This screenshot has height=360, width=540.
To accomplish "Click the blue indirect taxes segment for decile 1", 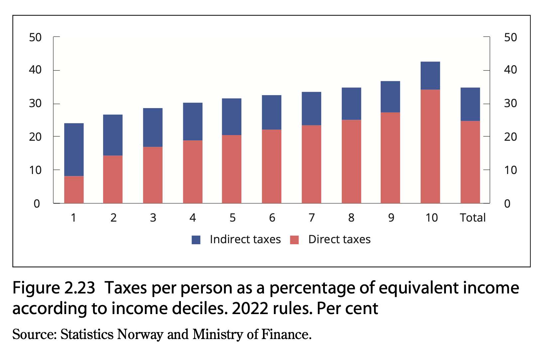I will [x=74, y=150].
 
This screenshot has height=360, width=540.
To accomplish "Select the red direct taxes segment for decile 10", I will [x=430, y=146].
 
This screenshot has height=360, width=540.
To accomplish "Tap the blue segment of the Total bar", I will [x=470, y=104].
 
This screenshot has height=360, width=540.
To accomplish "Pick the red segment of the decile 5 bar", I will [x=232, y=169].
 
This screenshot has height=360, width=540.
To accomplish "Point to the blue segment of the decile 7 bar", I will [x=312, y=108].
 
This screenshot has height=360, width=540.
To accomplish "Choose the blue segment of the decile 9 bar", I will [x=390, y=97].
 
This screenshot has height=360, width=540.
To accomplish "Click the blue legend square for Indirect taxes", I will [x=196, y=240].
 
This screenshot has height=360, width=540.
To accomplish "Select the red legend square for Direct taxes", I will [x=294, y=240].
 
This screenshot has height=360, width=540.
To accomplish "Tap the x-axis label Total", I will [x=472, y=218].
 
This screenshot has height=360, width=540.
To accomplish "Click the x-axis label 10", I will [x=432, y=218].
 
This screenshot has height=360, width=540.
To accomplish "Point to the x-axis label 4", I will [x=193, y=218].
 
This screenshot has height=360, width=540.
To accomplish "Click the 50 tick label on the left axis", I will [x=35, y=37].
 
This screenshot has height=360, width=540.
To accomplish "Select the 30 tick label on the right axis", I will [x=510, y=103].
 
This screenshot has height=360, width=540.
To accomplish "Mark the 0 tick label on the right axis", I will [x=507, y=204].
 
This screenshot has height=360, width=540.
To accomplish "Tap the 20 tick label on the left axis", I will [x=35, y=137].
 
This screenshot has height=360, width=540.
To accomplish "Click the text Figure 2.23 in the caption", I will [x=54, y=288].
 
